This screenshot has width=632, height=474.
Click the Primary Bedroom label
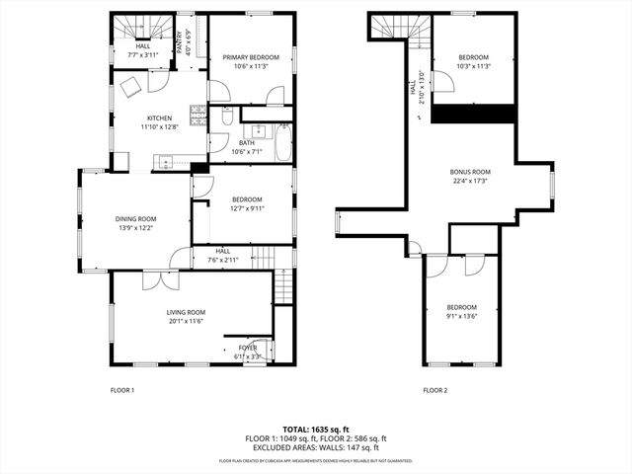coord(250,57)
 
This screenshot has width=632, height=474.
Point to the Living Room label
coord(185,312)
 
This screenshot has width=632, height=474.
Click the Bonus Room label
coord(470,172)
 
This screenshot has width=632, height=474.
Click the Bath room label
coord(246,143)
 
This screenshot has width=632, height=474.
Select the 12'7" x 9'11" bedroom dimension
coord(247,208)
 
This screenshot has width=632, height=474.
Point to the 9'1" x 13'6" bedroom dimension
coord(461,317)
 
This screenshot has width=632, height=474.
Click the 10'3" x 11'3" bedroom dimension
coord(474,66)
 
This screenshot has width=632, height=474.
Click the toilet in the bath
coord(226,118)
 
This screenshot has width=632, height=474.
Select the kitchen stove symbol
coord(199,117)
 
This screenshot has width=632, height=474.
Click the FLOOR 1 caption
coord(121,390)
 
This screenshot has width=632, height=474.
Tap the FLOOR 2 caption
coord(435,390)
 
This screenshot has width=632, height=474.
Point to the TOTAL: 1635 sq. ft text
coord(315,430)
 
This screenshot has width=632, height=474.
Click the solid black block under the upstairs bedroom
coord(474,113)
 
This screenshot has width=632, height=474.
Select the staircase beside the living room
coord(283,286)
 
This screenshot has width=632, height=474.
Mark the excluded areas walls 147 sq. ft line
coord(315,447)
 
